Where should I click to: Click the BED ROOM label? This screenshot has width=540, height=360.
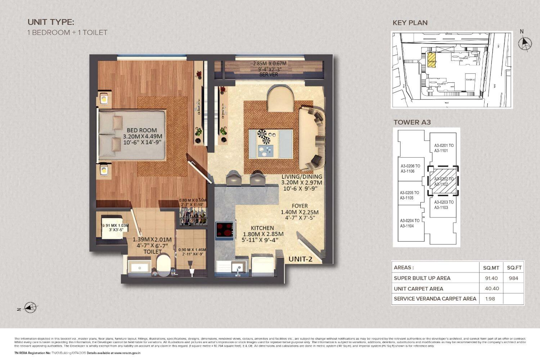[x=142, y=130]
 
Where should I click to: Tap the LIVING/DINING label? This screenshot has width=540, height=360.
[x=302, y=177]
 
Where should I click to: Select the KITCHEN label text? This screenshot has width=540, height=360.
[x=262, y=228]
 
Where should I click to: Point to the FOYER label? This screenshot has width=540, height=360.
[x=300, y=206]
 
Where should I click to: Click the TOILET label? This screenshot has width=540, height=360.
[x=152, y=251]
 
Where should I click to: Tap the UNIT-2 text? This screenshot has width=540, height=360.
[x=300, y=259]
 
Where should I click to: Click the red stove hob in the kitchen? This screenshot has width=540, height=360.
[x=224, y=230]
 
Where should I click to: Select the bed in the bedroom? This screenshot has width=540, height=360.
[x=132, y=135]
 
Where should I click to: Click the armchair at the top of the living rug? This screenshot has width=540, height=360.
[x=280, y=98]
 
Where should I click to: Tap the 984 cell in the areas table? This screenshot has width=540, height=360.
[x=514, y=278]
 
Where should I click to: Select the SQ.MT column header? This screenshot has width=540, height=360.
[x=491, y=267]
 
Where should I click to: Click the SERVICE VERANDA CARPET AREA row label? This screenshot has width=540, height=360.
[x=435, y=298]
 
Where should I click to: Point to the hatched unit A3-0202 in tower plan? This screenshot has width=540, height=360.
[x=443, y=181]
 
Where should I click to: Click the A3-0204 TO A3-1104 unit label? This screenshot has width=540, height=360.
[x=410, y=223]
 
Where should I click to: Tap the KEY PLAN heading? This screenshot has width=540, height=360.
[x=410, y=23]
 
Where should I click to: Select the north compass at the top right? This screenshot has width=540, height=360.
[x=525, y=43]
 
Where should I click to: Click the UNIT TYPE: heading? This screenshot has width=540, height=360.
[x=51, y=22]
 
